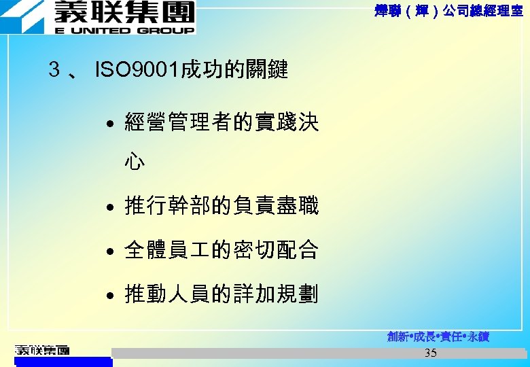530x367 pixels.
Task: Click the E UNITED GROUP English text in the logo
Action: (x=124, y=31)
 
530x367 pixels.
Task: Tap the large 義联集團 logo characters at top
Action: (x=124, y=13)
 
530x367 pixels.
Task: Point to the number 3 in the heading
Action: (x=54, y=69)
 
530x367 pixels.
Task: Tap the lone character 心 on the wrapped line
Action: (x=135, y=162)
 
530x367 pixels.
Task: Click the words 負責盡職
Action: (x=275, y=205)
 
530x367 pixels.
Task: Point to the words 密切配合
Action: (x=275, y=250)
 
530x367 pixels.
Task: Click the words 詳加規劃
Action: (x=275, y=295)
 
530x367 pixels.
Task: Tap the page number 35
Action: (x=430, y=353)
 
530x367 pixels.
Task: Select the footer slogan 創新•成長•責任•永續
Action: (x=438, y=336)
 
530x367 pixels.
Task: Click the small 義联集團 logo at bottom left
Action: (x=42, y=351)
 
